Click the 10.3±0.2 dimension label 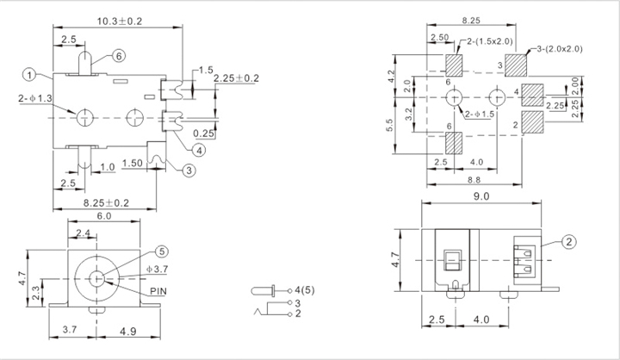pyautogui.click(x=120, y=22)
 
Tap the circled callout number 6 pyautogui.click(x=119, y=56)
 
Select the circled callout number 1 pyautogui.click(x=29, y=75)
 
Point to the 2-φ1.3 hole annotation pyautogui.click(x=35, y=98)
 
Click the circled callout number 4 pyautogui.click(x=199, y=150)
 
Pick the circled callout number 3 pyautogui.click(x=189, y=171)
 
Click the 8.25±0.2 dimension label pyautogui.click(x=106, y=203)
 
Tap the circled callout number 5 pyautogui.click(x=161, y=251)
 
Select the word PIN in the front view pyautogui.click(x=158, y=292)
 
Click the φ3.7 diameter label pyautogui.click(x=157, y=270)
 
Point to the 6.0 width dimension pyautogui.click(x=104, y=216)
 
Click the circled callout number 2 pyautogui.click(x=568, y=241)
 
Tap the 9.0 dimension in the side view pyautogui.click(x=481, y=196)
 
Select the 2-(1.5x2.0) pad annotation pyautogui.click(x=489, y=41)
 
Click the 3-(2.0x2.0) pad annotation pyautogui.click(x=560, y=49)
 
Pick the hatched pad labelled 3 pyautogui.click(x=516, y=65)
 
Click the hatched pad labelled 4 pyautogui.click(x=533, y=95)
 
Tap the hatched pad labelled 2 pyautogui.click(x=533, y=121)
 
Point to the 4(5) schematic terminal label pyautogui.click(x=305, y=290)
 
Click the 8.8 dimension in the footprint pyautogui.click(x=474, y=180)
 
